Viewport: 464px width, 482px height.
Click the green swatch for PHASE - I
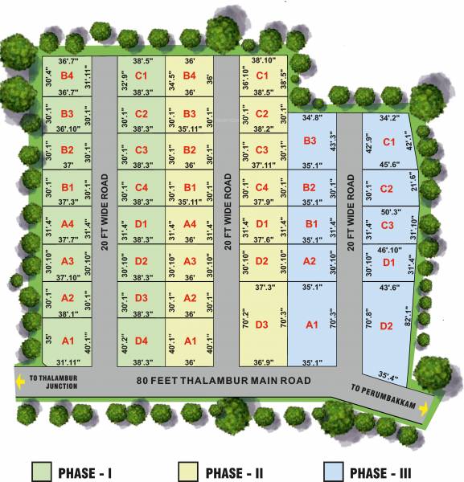coord(41,471)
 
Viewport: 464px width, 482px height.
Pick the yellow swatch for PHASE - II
coord(187,471)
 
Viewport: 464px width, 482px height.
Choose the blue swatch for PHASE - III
coord(334,471)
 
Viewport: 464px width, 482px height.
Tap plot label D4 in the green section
coord(142,341)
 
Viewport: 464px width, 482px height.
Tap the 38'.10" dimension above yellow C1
coord(262,60)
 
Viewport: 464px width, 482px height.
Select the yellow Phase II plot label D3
coord(261,325)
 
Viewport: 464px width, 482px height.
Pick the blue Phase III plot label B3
coord(310,141)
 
